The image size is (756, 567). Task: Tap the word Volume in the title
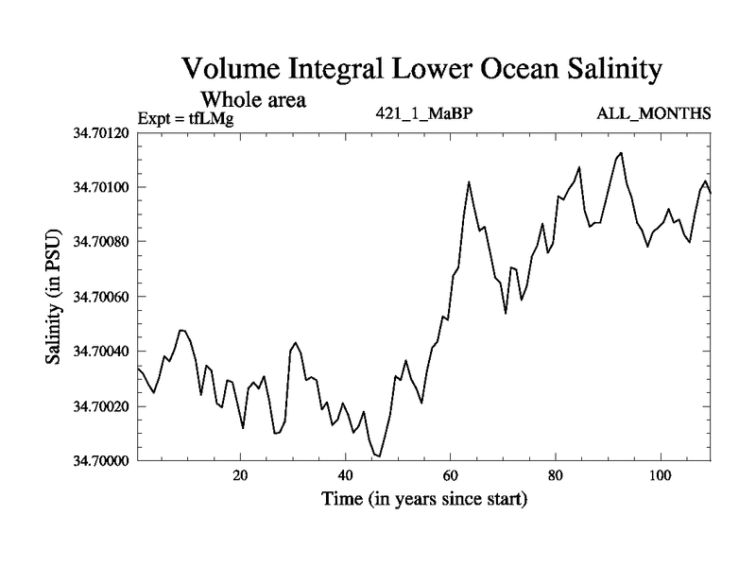point(227,71)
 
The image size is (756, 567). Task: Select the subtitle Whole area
point(252,98)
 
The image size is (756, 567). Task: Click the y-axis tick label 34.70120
point(101,132)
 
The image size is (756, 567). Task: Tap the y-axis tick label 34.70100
point(101,187)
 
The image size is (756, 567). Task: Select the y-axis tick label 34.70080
point(101,242)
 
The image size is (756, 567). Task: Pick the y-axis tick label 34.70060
point(101,297)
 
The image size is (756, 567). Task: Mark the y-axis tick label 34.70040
point(101,352)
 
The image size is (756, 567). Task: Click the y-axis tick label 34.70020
point(101,406)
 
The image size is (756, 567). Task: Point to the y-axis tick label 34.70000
point(101,461)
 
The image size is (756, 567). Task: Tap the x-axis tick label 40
point(345,475)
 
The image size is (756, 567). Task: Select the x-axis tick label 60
point(450,475)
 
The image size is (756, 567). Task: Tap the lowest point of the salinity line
point(379,456)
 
